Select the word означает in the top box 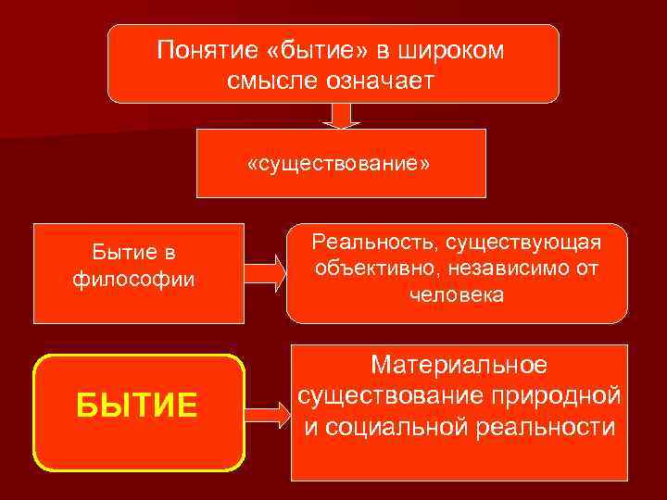(x=382, y=81)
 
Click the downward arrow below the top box (x=341, y=115)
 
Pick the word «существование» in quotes (x=339, y=163)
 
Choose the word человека (x=457, y=296)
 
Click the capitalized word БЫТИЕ (x=137, y=405)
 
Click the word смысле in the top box (x=267, y=81)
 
